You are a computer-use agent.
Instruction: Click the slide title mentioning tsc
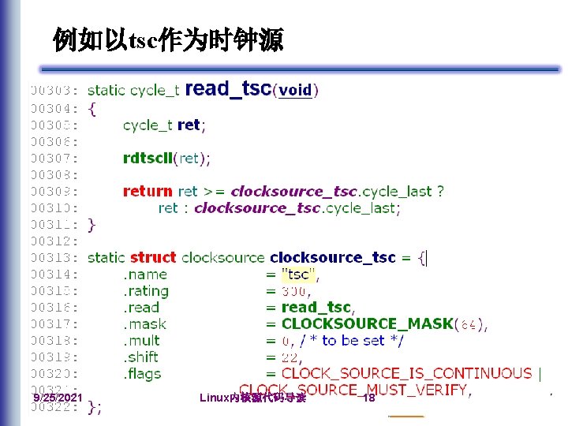tap(167, 38)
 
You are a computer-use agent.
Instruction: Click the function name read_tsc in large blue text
tap(228, 89)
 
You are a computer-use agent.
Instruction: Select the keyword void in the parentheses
tap(296, 91)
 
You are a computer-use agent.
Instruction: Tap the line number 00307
tap(54, 159)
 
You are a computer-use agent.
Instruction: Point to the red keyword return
tap(148, 191)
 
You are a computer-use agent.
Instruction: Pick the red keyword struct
tap(153, 257)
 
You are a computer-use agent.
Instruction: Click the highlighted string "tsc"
tap(298, 275)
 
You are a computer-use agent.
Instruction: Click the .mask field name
tap(144, 324)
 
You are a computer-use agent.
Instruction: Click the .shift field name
tap(141, 357)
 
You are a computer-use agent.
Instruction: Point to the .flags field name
tap(141, 374)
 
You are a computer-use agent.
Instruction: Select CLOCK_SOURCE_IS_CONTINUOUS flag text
tap(406, 373)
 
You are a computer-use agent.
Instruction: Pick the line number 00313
tap(54, 258)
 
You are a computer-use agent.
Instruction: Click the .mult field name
tap(141, 341)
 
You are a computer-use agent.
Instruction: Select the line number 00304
tap(54, 109)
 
